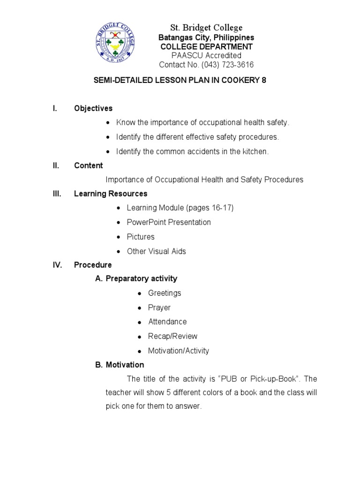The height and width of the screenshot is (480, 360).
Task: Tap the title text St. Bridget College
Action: tap(207, 27)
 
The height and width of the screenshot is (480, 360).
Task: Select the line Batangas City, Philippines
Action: tap(207, 37)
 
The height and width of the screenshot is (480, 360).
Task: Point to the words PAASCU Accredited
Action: tap(207, 56)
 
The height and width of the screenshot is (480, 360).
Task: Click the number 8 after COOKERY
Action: tap(263, 80)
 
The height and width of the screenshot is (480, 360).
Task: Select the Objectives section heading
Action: tap(93, 108)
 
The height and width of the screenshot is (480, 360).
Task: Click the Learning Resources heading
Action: tap(111, 194)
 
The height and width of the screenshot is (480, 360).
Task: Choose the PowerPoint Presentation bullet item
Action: tap(169, 222)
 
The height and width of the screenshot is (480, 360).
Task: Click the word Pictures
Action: tap(141, 237)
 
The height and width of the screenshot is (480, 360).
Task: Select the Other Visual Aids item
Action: tap(156, 251)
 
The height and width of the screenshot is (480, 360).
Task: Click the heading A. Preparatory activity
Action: tap(136, 278)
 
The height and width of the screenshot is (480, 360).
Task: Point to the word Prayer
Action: tap(159, 307)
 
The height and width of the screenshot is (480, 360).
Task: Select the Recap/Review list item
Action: tap(172, 336)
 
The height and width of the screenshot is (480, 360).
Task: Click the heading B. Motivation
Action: tap(120, 365)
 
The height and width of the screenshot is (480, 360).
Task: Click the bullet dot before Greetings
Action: tap(140, 293)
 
